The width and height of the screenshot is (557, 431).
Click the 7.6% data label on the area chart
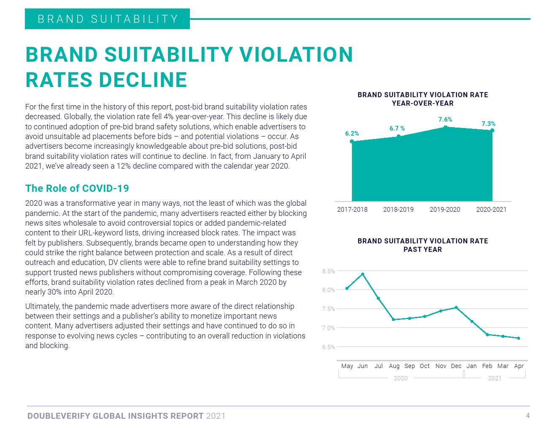445,120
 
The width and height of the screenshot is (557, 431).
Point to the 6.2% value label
352,134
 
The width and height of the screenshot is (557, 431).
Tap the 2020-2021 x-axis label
491,210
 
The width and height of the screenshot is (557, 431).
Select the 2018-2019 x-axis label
398,210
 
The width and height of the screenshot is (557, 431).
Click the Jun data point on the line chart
362,274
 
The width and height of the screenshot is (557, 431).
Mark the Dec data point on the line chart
456,308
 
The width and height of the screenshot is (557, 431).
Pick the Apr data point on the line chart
519,338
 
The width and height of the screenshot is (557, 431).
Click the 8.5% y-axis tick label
328,271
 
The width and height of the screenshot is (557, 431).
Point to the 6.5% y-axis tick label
328,347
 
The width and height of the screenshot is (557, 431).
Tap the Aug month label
394,366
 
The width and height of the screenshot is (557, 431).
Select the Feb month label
487,366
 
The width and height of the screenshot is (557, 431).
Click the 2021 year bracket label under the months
495,378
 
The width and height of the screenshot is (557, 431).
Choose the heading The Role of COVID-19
77,188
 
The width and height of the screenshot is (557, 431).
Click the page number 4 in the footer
527,415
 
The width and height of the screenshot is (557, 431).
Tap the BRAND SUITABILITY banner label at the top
108,19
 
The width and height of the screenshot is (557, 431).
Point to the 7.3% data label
488,124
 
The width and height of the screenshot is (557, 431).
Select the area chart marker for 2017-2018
352,142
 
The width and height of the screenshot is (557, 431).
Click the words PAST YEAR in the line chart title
422,249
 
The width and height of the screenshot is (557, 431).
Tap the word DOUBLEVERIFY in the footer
59,416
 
